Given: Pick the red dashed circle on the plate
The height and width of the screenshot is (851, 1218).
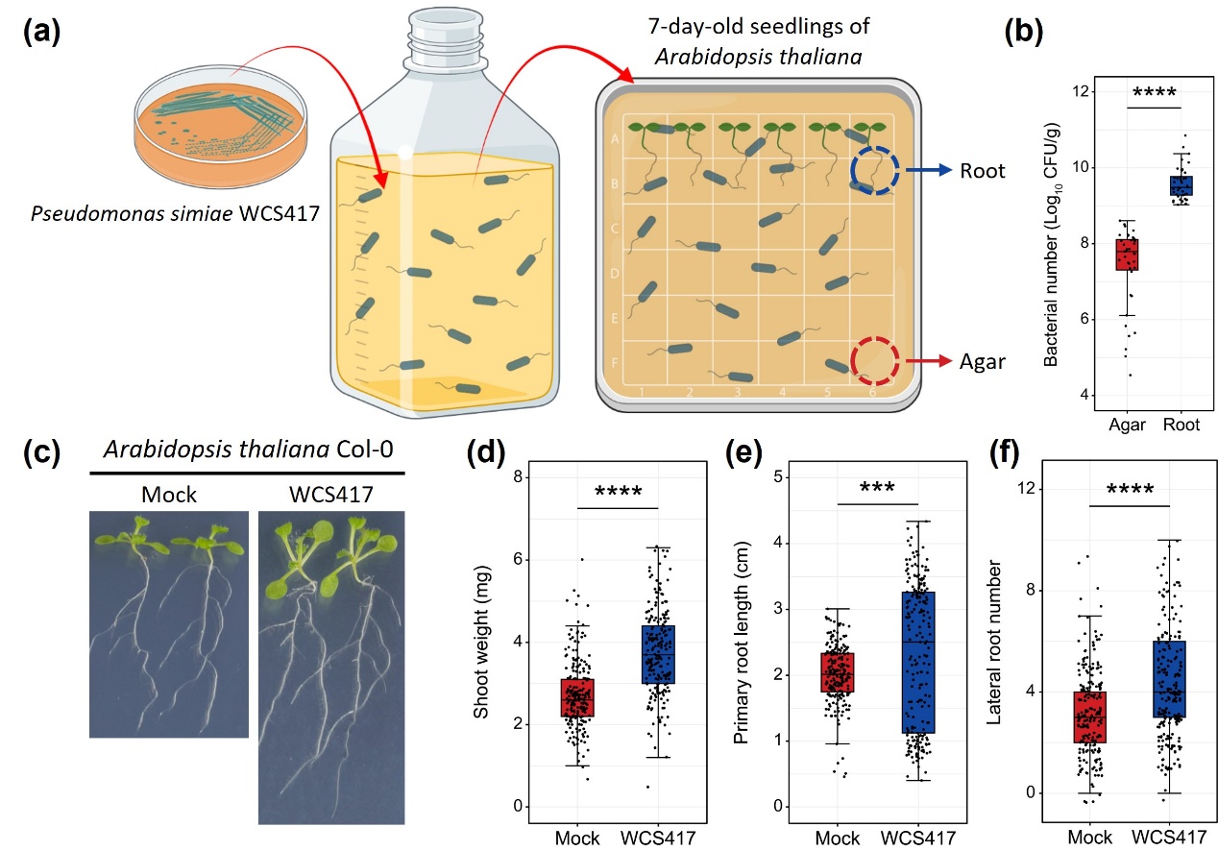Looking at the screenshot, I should point(874,361).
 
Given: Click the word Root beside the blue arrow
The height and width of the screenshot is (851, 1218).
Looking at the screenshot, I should point(983,171).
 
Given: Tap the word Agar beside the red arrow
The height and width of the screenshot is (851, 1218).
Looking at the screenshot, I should point(983,361).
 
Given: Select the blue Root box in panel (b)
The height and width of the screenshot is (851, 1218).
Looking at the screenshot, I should point(1181,185).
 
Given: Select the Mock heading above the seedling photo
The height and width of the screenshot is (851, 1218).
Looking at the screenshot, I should point(168,496).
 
